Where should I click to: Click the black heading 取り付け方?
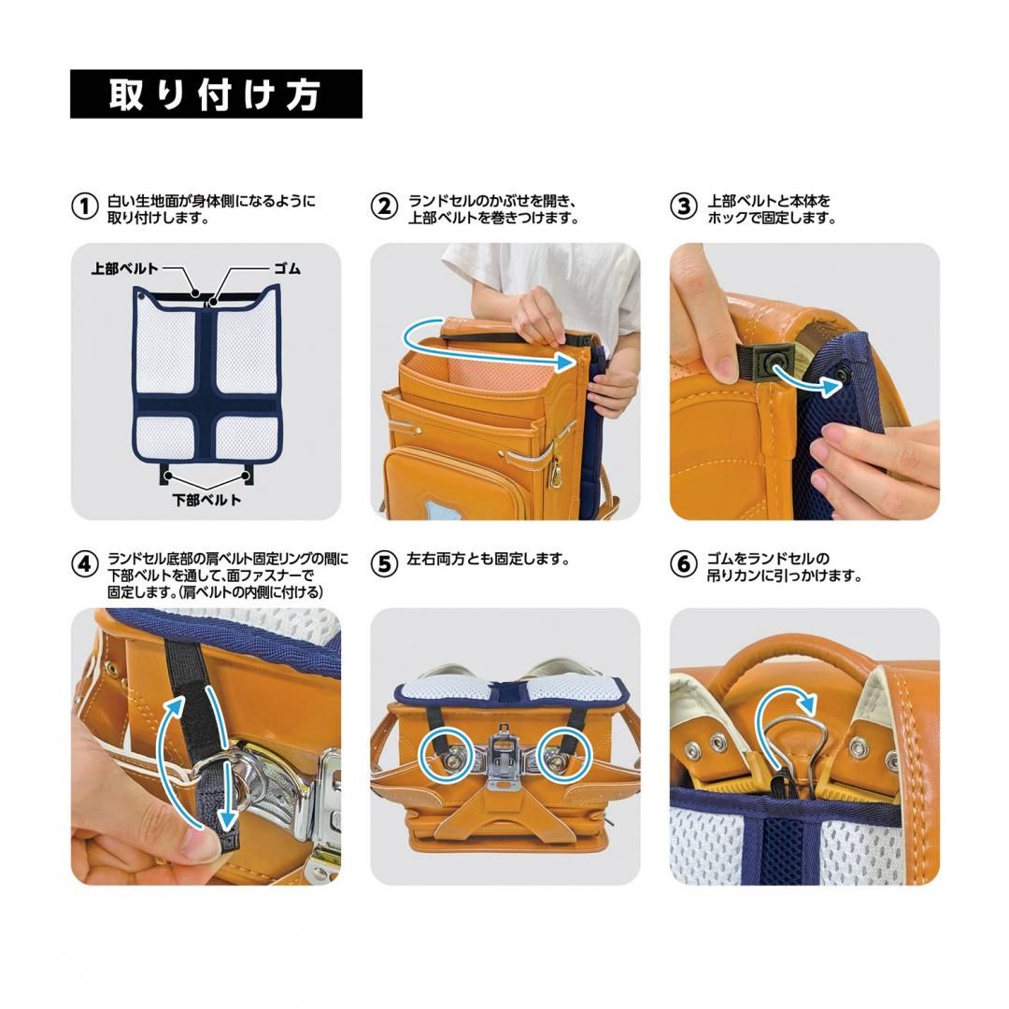[216, 94]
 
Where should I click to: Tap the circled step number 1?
[85, 206]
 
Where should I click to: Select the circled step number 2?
[384, 206]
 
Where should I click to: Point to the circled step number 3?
[684, 206]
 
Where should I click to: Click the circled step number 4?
[85, 564]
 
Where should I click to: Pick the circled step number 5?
[384, 564]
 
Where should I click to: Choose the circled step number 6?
[684, 564]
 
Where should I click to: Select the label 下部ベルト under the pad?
[206, 500]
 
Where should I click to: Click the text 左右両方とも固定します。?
[487, 561]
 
